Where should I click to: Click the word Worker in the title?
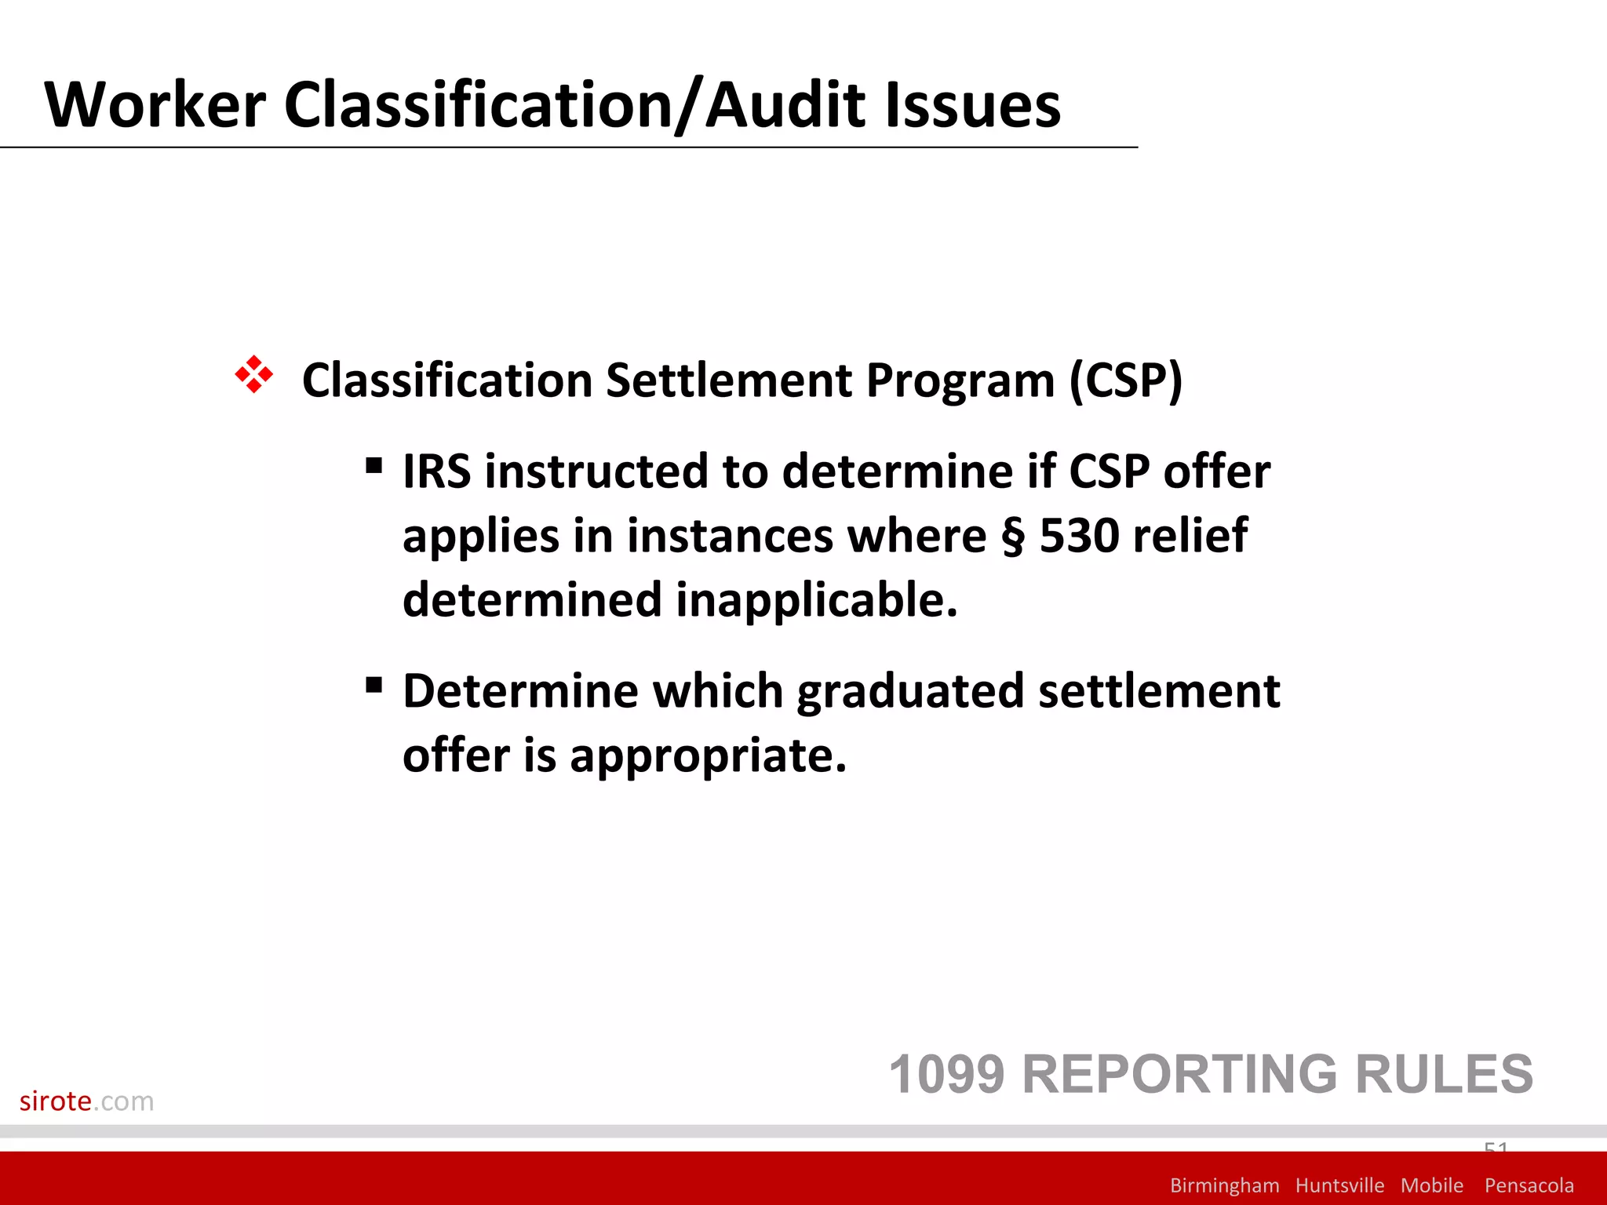(155, 105)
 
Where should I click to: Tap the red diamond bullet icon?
(253, 374)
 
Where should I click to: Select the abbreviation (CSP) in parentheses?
(1125, 381)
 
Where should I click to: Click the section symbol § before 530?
(1013, 537)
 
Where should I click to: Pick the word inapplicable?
(817, 600)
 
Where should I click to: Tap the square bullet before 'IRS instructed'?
(374, 467)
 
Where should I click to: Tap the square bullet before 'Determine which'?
(374, 686)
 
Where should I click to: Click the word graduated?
(910, 692)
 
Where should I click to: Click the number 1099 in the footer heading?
(946, 1074)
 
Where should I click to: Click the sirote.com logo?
(86, 1101)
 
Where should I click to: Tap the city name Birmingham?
(1224, 1185)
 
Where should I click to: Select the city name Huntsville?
(1339, 1185)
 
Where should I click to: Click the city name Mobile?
(1431, 1185)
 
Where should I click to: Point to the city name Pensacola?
(1529, 1185)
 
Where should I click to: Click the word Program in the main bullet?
(960, 381)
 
